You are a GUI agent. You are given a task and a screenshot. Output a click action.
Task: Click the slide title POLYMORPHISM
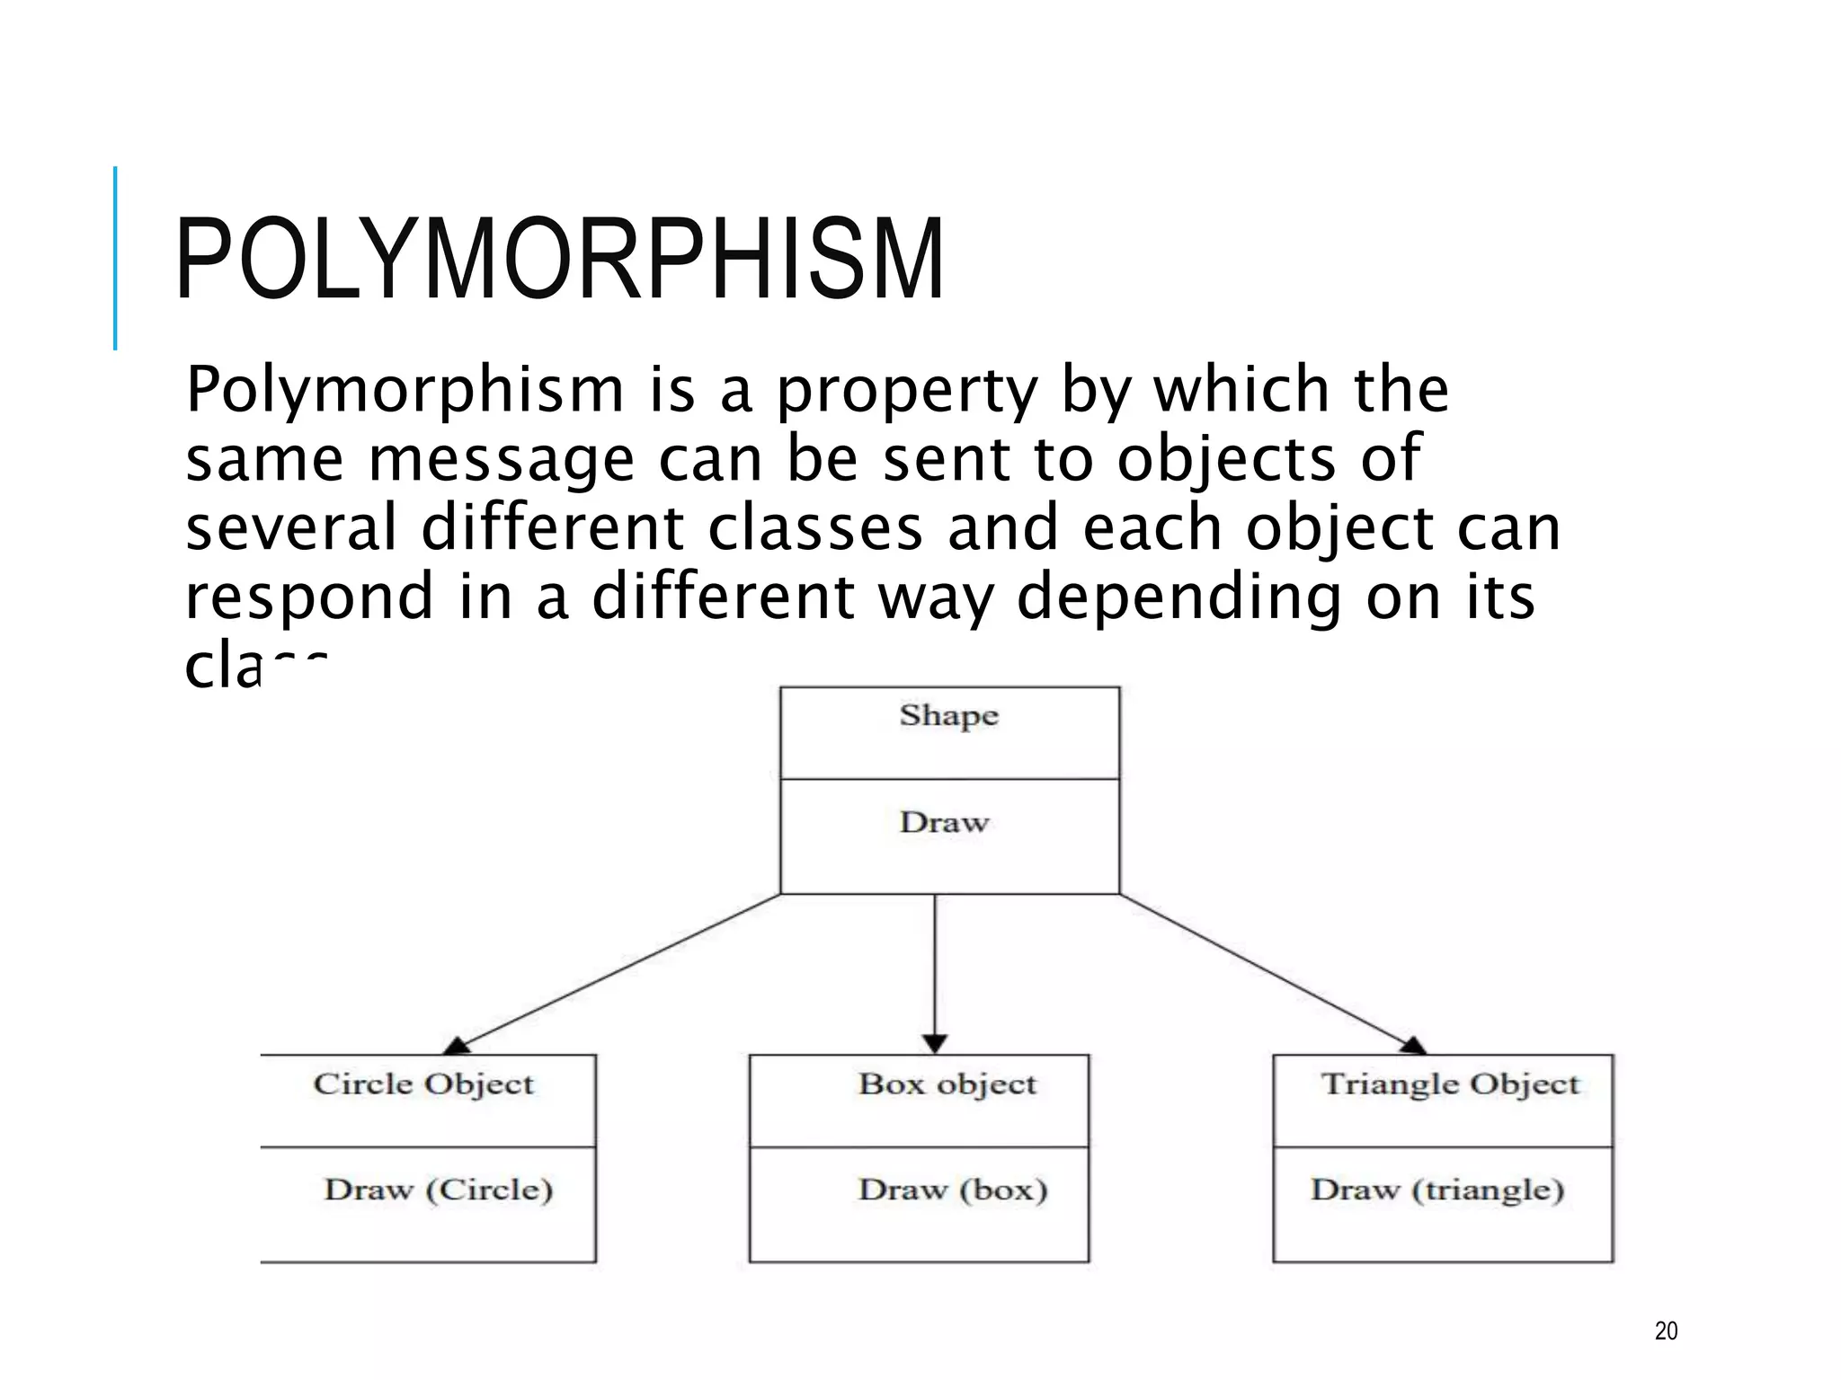point(559,260)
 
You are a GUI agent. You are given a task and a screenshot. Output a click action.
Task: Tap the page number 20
point(1666,1331)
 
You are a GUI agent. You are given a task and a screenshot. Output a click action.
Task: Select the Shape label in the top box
point(948,716)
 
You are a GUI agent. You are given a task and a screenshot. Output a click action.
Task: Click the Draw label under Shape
point(944,822)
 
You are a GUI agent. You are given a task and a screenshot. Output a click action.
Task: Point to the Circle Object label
point(423,1084)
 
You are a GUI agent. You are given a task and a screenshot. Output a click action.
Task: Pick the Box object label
point(947,1084)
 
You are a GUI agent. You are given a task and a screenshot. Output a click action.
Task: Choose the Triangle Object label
point(1450,1084)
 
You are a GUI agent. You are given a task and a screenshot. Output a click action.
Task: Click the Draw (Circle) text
point(438,1190)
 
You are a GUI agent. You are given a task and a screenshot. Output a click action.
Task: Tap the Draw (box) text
point(953,1190)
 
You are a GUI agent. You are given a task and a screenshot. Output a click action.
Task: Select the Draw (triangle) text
point(1437,1190)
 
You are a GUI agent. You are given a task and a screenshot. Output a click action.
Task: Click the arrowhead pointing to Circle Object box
point(458,1046)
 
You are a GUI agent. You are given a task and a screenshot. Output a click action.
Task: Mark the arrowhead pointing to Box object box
point(935,1044)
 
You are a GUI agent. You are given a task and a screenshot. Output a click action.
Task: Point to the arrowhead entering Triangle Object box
point(1412,1046)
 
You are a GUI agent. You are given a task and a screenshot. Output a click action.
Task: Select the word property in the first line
point(907,392)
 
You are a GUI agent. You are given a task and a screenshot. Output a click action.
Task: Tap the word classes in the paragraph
point(815,527)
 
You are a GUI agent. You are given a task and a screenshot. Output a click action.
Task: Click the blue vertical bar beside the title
point(115,258)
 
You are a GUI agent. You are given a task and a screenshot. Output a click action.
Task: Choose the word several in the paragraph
point(291,527)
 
